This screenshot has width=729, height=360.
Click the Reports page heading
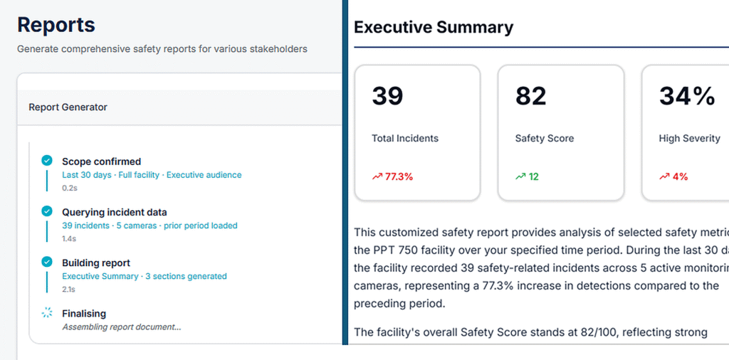(56, 25)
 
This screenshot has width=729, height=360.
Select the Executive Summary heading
(434, 28)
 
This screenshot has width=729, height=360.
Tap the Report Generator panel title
(68, 107)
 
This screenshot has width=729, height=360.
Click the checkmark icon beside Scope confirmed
(46, 161)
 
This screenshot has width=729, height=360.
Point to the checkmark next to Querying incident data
(46, 211)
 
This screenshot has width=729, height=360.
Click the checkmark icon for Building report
(46, 262)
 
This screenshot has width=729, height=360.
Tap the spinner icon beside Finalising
(46, 313)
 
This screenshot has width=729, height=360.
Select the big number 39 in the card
(387, 96)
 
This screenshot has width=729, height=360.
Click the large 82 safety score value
(531, 96)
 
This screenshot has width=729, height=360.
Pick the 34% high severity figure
(687, 96)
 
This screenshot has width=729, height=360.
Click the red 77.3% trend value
(399, 176)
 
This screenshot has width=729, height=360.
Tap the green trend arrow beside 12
(520, 176)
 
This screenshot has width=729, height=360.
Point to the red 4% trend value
(680, 176)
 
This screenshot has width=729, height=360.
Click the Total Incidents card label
(405, 138)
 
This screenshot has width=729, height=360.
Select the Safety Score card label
(545, 139)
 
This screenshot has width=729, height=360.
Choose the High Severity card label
(689, 139)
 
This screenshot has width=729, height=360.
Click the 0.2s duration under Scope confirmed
(69, 188)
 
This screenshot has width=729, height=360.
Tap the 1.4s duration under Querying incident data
(69, 239)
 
